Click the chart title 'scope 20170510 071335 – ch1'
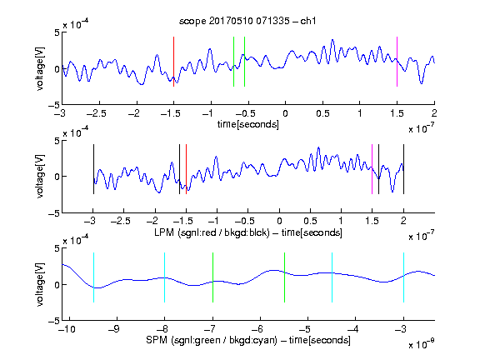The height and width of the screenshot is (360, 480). [247, 21]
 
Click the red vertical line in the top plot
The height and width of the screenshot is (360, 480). [173, 62]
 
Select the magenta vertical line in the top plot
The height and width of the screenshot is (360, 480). [397, 62]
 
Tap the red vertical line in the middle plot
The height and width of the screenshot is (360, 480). [186, 169]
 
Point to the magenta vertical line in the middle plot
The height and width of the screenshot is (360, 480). [372, 169]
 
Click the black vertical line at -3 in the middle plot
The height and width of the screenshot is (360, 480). [93, 169]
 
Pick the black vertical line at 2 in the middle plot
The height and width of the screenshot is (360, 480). [404, 169]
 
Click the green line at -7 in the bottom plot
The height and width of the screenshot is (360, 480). [212, 277]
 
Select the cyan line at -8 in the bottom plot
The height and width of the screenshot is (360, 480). [165, 277]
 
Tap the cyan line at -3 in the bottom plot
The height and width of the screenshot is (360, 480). [404, 277]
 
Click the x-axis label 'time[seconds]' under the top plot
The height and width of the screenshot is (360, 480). [248, 124]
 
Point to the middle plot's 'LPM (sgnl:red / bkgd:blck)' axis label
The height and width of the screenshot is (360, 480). [212, 232]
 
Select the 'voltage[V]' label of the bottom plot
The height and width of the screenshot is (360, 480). [40, 284]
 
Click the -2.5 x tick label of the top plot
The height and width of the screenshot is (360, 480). [96, 113]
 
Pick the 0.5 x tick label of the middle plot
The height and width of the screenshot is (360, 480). [310, 221]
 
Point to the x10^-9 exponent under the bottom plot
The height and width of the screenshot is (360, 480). [422, 344]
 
